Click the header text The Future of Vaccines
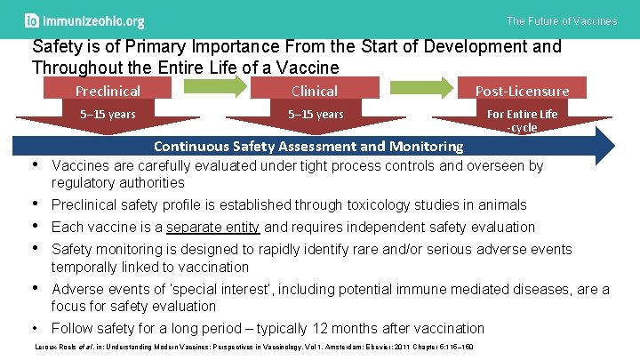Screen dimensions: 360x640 click(561, 21)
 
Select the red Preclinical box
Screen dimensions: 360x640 click(108, 91)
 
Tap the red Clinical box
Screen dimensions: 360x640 click(315, 91)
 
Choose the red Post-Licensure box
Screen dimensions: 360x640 click(522, 91)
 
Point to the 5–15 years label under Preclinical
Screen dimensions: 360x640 click(108, 114)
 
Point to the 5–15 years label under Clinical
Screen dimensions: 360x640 click(316, 114)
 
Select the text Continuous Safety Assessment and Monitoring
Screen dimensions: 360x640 click(308, 146)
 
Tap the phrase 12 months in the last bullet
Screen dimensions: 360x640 click(372, 328)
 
